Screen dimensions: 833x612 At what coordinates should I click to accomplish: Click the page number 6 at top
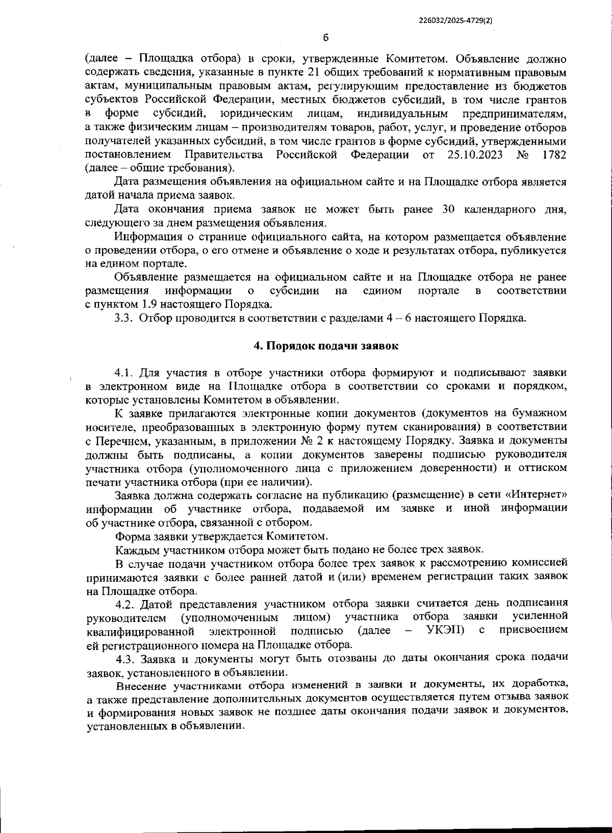point(326,38)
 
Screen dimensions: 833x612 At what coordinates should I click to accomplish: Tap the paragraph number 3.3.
point(124,319)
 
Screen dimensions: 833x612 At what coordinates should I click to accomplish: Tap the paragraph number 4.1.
point(125,373)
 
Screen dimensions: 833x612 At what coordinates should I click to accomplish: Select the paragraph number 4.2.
point(125,605)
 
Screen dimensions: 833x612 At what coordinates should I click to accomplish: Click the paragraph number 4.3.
point(125,658)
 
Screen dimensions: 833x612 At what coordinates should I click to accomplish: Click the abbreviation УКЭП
point(445,631)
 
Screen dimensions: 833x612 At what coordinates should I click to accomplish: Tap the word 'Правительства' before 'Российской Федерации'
point(224,154)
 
